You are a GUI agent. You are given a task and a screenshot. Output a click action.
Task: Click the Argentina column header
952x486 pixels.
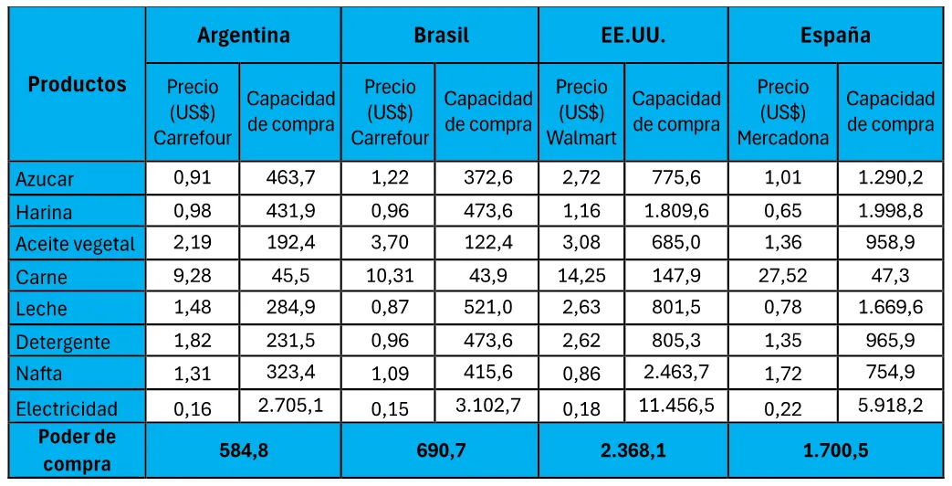point(243,36)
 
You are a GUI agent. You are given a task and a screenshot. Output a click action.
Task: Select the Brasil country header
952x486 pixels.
point(441,36)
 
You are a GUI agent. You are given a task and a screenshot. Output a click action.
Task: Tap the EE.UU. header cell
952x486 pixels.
point(633,36)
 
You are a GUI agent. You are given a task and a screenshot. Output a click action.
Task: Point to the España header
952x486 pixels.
point(835,36)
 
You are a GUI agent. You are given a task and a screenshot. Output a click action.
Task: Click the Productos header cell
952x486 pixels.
point(77,85)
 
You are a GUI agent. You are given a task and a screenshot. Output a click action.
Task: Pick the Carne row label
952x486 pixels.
point(42,277)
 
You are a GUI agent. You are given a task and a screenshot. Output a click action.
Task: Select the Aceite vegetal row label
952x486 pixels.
point(75,244)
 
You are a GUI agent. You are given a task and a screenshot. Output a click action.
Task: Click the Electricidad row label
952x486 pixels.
point(67,407)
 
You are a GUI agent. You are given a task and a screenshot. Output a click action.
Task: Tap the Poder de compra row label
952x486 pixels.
point(77,450)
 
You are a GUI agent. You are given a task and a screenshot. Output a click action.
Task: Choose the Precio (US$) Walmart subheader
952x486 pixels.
point(581,112)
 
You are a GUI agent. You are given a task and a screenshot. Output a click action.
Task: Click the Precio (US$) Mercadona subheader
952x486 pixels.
point(782,112)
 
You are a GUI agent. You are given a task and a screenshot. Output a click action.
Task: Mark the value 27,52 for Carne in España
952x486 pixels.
point(782,276)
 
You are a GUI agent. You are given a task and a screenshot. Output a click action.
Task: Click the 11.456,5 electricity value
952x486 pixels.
point(675,406)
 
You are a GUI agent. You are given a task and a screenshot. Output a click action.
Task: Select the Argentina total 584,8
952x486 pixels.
point(243,450)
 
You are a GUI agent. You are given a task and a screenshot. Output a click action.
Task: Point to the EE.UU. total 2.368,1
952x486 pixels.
point(633,450)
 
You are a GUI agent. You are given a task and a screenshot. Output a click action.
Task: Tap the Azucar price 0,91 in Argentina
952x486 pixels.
point(193,178)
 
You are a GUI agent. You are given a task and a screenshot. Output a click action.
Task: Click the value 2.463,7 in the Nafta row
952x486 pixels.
point(675,373)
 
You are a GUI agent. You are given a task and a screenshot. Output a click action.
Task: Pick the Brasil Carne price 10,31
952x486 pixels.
point(390,276)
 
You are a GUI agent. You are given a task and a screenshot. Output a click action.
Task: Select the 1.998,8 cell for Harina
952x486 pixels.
point(890,211)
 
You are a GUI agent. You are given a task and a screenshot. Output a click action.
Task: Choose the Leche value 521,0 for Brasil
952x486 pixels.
point(487,309)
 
